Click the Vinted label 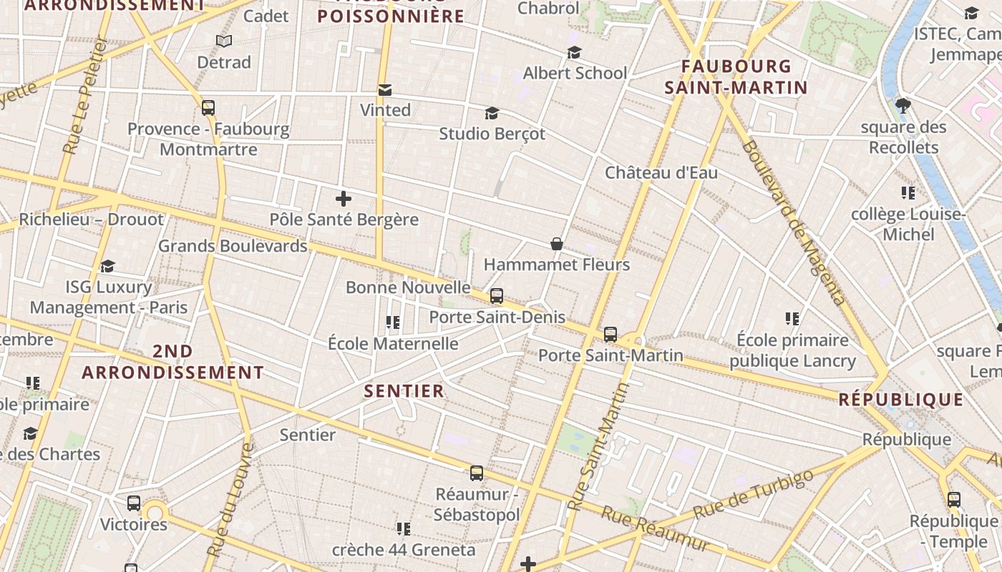point(385,110)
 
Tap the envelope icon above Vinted point(385,90)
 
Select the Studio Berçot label point(492,134)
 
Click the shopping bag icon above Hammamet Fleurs point(557,245)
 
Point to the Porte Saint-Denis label point(497,317)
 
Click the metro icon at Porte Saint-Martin point(611,334)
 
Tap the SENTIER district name point(404,391)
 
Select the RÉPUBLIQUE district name point(901,400)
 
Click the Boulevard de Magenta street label point(794,222)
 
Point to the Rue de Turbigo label point(753,494)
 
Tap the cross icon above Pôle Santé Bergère point(344,199)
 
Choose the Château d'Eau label point(661,172)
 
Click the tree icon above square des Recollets point(903,107)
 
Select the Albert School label point(575,73)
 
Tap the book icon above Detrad point(224,41)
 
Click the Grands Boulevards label point(233,246)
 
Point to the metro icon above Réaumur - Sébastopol point(477,473)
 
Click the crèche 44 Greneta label point(404,550)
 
